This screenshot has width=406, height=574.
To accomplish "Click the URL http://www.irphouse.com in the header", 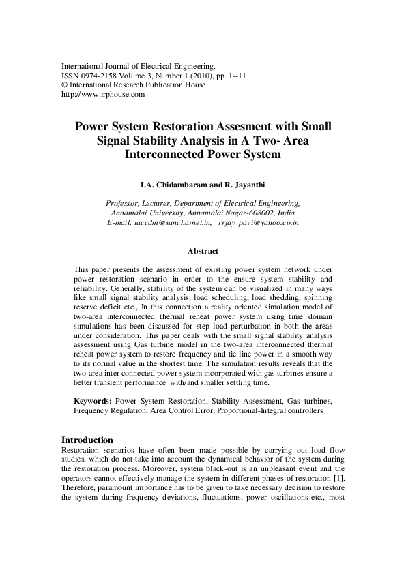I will pyautogui.click(x=103, y=95).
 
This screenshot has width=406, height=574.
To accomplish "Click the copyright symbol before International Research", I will pyautogui.click(x=65, y=85).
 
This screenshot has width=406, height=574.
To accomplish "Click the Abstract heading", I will pyautogui.click(x=203, y=252).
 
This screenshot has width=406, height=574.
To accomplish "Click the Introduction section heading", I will pyautogui.click(x=87, y=440).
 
